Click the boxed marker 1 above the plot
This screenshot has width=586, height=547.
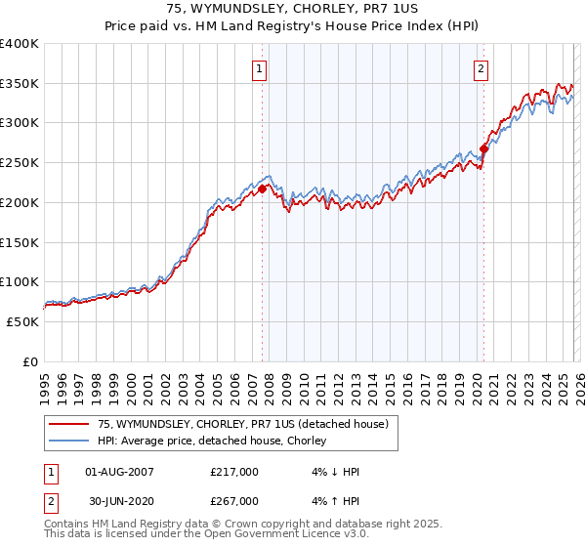[260, 68]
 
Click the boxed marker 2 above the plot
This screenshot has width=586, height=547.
[481, 68]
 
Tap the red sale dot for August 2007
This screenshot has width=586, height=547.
[262, 189]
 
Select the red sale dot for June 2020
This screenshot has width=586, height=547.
[483, 148]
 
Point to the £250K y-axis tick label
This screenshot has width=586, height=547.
[20, 163]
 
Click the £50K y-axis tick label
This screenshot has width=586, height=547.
[22, 321]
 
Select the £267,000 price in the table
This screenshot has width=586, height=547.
[234, 501]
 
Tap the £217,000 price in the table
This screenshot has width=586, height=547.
[234, 472]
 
